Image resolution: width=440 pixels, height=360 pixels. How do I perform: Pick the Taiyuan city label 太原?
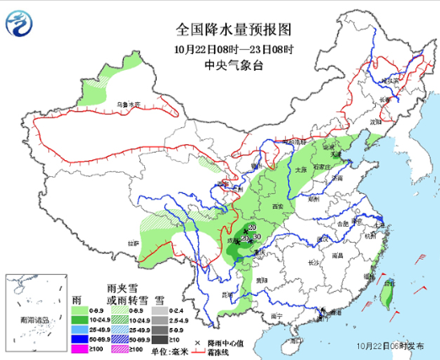(301, 169)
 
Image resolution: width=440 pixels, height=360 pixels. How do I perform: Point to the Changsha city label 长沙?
(313, 263)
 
